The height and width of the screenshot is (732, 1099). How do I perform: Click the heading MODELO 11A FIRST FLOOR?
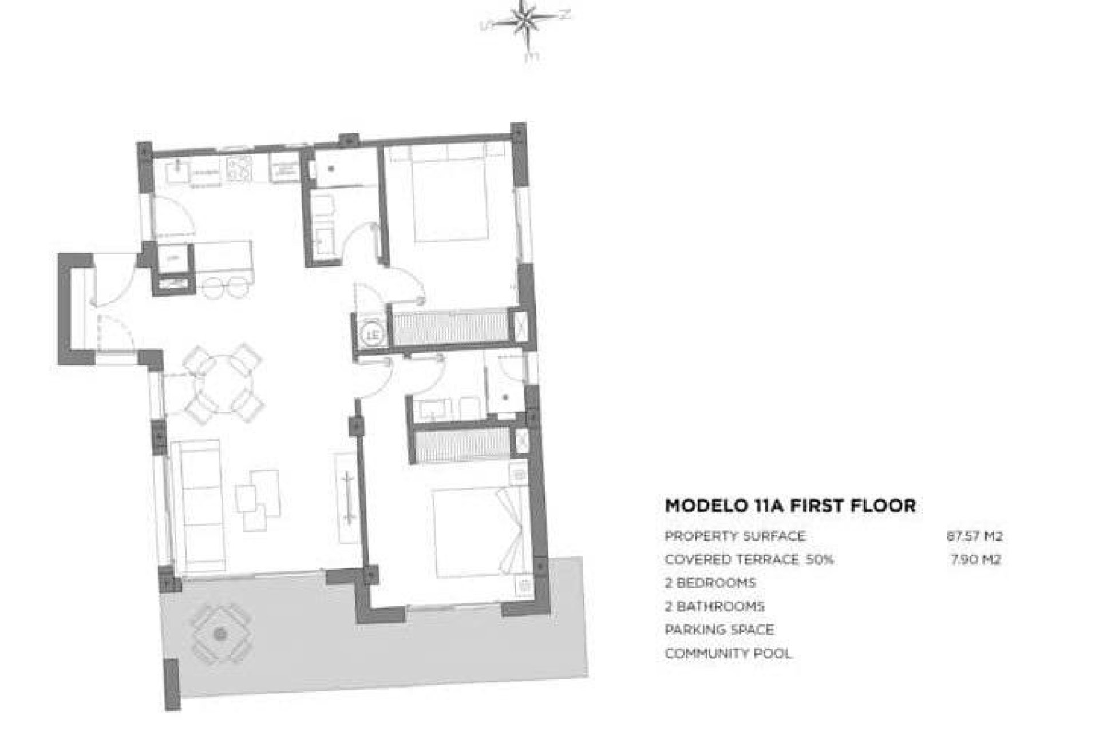pyautogui.click(x=790, y=506)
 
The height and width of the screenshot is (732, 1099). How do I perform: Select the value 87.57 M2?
pyautogui.click(x=974, y=536)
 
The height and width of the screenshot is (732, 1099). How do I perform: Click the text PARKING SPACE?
pyautogui.click(x=719, y=630)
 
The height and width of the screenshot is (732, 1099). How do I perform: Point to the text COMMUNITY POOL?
pyautogui.click(x=728, y=653)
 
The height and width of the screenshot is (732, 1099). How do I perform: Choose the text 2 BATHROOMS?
pyautogui.click(x=714, y=606)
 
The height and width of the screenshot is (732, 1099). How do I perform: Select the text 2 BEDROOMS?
pyautogui.click(x=710, y=583)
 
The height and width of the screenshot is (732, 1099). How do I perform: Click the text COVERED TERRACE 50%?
pyautogui.click(x=749, y=559)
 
